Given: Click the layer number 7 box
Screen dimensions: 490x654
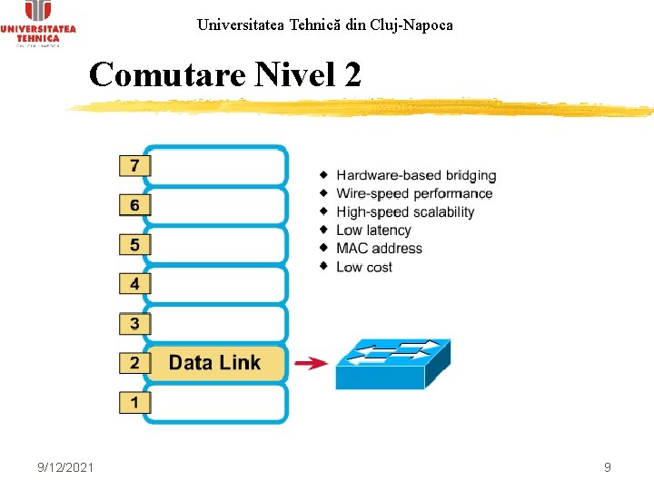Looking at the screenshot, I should (134, 166).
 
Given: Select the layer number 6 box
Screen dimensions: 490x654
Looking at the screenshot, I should (134, 206).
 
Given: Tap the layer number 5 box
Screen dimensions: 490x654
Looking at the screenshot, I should (134, 245).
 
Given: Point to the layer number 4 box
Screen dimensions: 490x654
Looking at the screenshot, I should (134, 284).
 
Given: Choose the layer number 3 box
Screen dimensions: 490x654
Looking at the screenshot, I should (134, 323).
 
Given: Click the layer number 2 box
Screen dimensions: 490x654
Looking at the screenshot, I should (134, 363).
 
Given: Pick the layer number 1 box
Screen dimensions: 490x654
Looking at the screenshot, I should (134, 402).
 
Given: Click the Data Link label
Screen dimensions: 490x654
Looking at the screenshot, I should (214, 363).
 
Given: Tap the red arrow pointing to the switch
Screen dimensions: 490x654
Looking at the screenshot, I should (312, 363).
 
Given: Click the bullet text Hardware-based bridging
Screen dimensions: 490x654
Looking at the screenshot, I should (416, 175).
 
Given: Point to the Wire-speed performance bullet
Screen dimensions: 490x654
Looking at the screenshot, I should (414, 193).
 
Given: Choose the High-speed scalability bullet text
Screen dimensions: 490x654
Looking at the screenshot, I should (405, 211).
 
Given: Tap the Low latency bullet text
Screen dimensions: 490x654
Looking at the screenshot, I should (373, 230).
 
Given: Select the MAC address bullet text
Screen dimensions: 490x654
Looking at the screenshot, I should (379, 249).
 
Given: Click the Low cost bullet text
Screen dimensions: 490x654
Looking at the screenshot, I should (364, 267).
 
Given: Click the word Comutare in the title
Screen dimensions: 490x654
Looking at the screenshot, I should (167, 74).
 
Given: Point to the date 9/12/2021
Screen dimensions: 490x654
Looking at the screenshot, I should (65, 467).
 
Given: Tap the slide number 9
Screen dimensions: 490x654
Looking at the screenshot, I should (607, 467).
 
